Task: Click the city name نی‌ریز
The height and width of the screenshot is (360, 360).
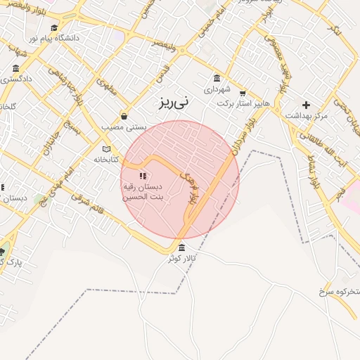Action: click(173, 103)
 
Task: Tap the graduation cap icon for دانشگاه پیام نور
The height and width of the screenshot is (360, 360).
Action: click(54, 27)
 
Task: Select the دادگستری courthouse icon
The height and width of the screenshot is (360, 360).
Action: click(16, 68)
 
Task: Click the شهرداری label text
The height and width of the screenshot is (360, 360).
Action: click(217, 89)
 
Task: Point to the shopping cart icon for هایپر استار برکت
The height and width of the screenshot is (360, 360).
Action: click(243, 93)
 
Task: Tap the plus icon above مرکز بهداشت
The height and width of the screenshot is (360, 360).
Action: click(307, 104)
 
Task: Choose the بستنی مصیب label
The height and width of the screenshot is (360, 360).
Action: click(124, 127)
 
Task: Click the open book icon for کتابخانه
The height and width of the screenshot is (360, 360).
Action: click(107, 149)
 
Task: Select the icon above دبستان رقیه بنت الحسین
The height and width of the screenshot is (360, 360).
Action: click(143, 176)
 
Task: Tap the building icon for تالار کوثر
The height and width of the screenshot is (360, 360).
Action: click(182, 247)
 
